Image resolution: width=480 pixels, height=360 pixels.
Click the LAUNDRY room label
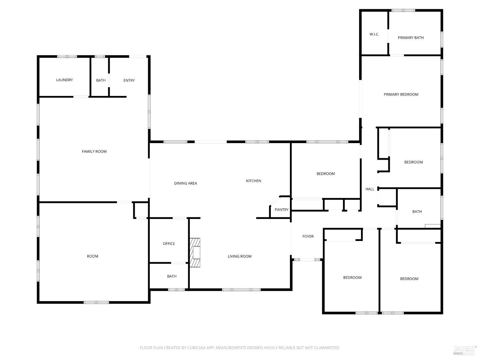pos(64,80)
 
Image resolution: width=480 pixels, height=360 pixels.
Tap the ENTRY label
pos(129,80)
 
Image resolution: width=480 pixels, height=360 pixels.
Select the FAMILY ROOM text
pos(94,151)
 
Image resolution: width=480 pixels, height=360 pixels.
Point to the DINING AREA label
pos(185,183)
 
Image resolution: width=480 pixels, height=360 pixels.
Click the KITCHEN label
pos(253,181)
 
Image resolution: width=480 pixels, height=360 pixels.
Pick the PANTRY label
pos(281,210)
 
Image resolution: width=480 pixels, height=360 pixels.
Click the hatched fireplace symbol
pos(195,252)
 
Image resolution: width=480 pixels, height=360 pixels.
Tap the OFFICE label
pos(169,244)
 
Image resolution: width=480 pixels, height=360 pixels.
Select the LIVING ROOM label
pos(239,256)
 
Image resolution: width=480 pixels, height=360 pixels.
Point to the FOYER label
pos(308,236)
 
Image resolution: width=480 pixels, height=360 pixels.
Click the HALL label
pos(370,189)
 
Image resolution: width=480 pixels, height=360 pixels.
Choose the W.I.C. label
pos(374,34)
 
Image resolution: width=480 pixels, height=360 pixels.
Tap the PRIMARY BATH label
pos(411,38)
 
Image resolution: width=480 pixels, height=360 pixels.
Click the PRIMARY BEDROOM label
pos(401,94)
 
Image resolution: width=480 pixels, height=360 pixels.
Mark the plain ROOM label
pos(92,256)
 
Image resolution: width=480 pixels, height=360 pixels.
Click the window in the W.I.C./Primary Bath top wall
pos(403,10)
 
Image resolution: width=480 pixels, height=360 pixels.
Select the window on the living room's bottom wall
pos(241,290)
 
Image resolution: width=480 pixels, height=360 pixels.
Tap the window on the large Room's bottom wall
pos(96,302)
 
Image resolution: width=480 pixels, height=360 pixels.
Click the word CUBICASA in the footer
pos(196,348)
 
